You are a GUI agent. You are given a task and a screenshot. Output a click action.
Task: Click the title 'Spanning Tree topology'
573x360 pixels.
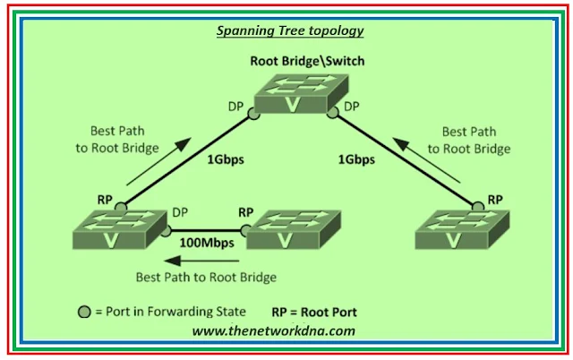(290, 30)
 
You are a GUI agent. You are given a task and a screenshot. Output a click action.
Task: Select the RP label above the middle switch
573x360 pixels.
(246, 213)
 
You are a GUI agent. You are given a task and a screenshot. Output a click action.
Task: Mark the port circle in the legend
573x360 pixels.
(82, 313)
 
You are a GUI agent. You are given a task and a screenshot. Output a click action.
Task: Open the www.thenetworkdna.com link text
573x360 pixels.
(273, 330)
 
